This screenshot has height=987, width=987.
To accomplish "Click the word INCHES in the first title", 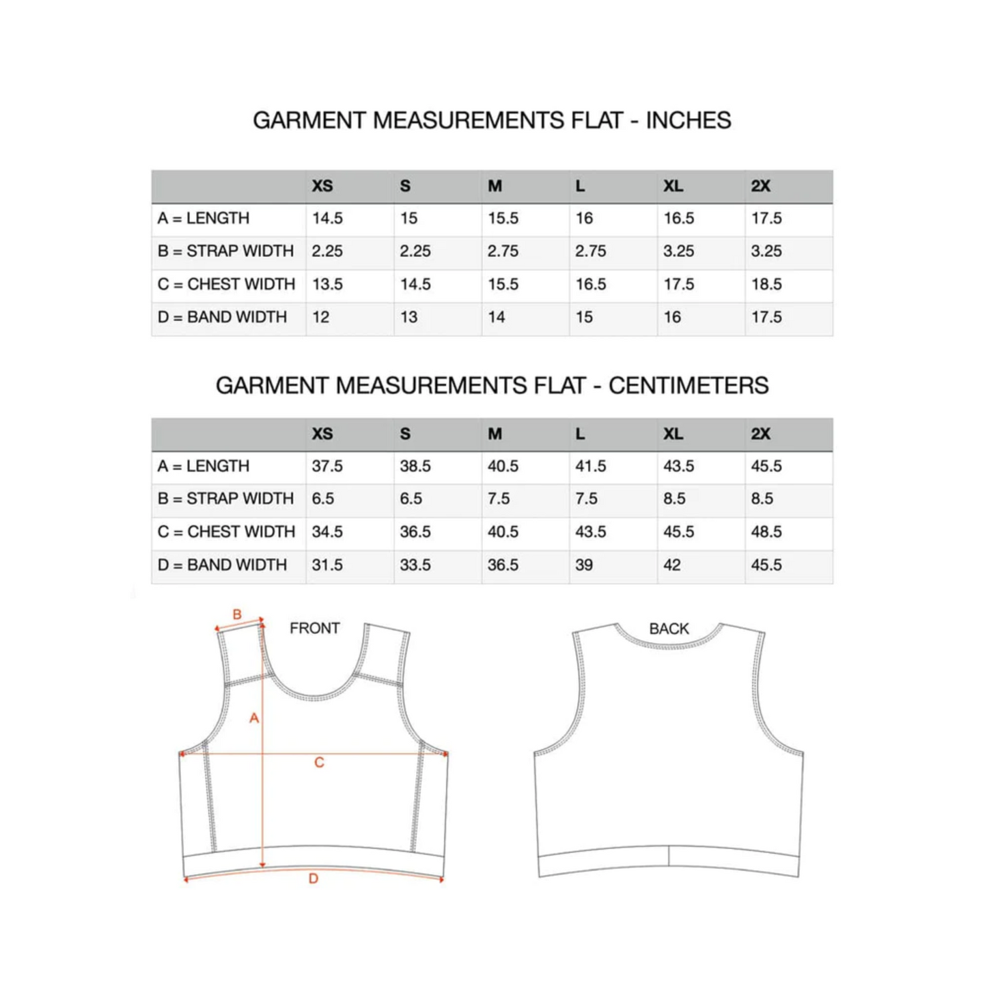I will (x=688, y=120).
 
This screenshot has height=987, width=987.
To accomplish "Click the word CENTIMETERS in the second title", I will (x=688, y=386).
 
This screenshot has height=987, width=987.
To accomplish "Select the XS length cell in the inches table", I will (x=327, y=219).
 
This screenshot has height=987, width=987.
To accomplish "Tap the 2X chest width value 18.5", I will (x=766, y=284).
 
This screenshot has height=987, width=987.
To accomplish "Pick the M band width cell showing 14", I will (x=497, y=318).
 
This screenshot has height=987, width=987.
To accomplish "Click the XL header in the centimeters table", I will (x=673, y=434).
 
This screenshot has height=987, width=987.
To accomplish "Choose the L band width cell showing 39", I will (x=584, y=566).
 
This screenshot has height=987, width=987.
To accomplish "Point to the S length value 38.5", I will (x=415, y=467).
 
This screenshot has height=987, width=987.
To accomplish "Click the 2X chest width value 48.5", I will (x=766, y=532).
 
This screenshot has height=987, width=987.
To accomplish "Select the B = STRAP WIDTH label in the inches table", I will (x=225, y=251).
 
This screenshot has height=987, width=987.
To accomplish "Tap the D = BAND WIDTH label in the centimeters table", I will (x=222, y=566).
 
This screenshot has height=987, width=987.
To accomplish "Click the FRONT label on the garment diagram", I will (x=314, y=628).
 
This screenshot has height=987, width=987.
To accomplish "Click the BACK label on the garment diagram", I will (x=669, y=629).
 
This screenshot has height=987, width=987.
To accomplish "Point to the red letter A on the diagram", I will (x=254, y=718).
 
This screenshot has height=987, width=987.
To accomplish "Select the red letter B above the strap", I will (x=237, y=614).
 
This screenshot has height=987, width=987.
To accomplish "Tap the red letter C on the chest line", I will (x=319, y=763).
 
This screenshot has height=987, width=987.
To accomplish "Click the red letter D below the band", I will (x=314, y=879).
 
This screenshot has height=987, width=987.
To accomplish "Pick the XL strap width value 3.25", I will (x=678, y=251).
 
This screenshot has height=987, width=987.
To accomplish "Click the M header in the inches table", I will (x=495, y=186).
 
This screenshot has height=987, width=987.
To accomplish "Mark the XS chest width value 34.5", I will (x=327, y=532).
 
